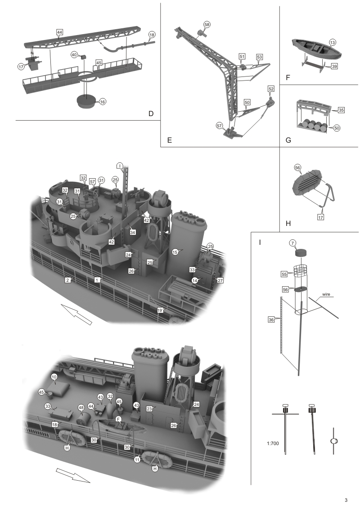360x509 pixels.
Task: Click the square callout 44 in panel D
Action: coord(59,32)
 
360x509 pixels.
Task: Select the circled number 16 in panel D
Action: coord(103,102)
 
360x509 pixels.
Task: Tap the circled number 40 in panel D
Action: coord(75,54)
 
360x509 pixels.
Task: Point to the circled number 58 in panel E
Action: coord(207,24)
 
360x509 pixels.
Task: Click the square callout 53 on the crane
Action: coord(259,57)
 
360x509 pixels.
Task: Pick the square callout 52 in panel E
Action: coord(270,88)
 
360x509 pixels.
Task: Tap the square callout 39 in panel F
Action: coord(334,66)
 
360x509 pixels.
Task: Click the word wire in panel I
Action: coord(326,296)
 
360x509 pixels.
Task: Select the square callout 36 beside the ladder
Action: coord(271,319)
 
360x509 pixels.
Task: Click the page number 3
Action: coord(346,500)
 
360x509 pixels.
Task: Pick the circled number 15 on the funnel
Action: coord(176,252)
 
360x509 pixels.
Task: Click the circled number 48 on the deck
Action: coord(81,408)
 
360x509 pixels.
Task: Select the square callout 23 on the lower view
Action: coord(149,409)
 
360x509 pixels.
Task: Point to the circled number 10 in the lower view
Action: coord(54,376)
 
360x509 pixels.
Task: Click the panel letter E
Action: coord(170,140)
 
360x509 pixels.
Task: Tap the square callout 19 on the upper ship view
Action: coord(159,310)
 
